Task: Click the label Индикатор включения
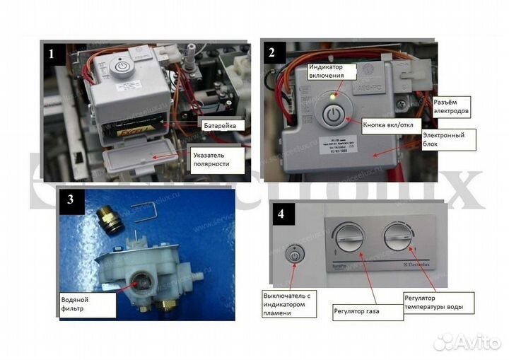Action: tap(327, 71)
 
